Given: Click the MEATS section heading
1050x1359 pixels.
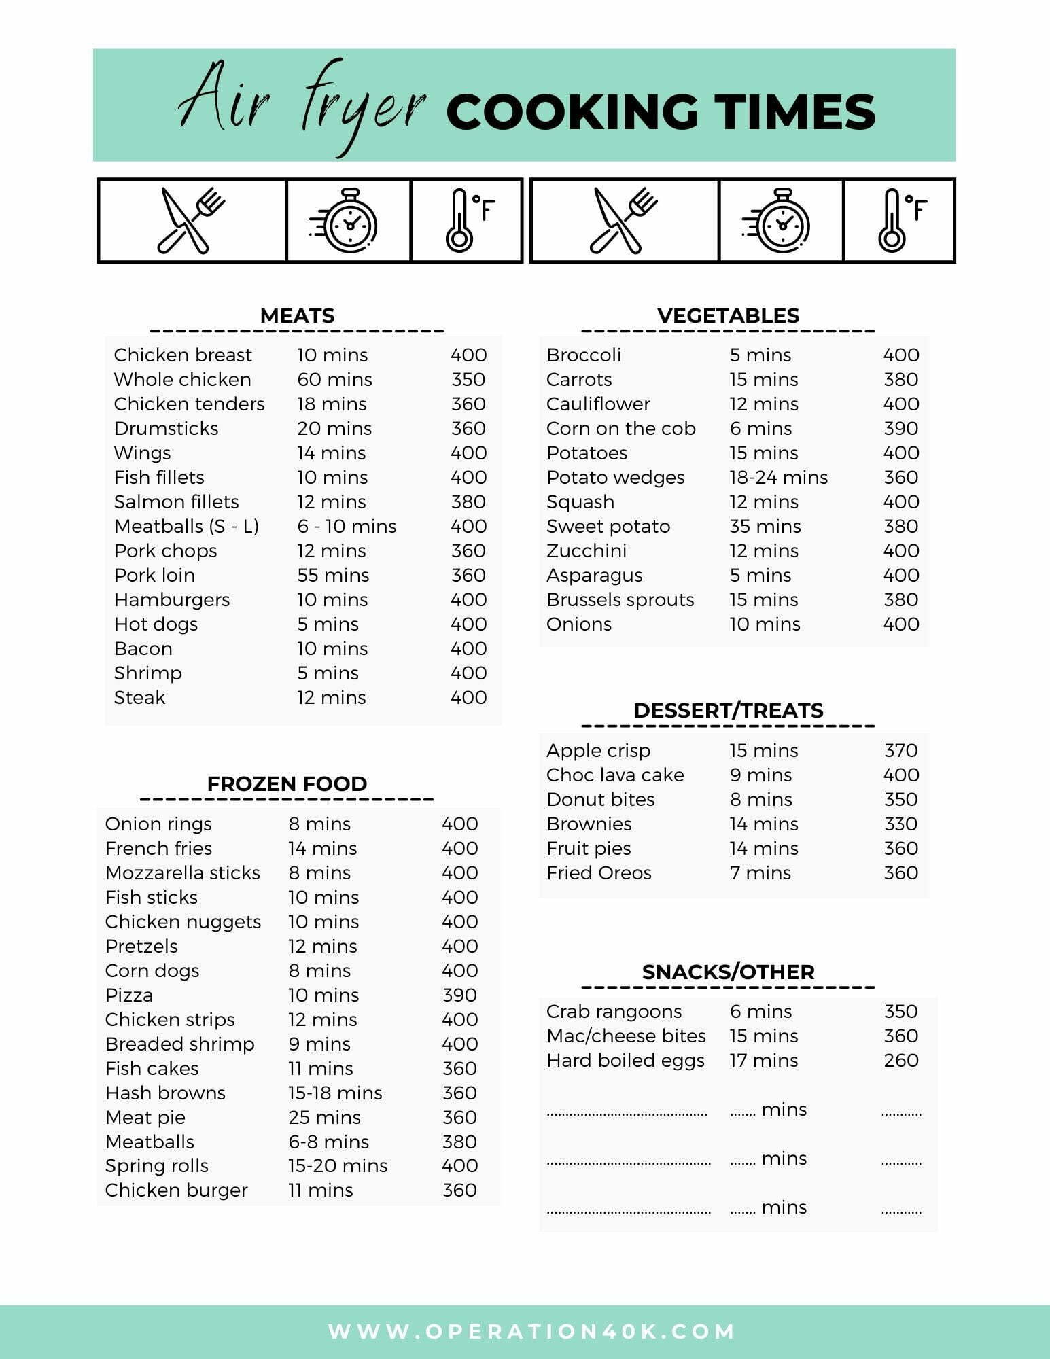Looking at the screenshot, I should (297, 315).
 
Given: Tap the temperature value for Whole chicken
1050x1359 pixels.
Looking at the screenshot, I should (468, 379).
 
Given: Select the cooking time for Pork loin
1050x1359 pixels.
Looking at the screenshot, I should (333, 575).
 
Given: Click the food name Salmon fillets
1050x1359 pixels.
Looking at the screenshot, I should (176, 501).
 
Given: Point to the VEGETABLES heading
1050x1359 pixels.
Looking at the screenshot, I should (728, 315).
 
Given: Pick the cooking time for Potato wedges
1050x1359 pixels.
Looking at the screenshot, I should (778, 477).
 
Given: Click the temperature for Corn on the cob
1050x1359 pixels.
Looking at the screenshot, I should (900, 428).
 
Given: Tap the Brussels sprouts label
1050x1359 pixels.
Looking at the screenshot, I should (620, 599).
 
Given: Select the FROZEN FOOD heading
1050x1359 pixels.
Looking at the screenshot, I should (287, 783).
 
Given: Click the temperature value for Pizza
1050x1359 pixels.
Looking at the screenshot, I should (459, 995).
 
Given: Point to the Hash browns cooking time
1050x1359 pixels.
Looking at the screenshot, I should (335, 1093).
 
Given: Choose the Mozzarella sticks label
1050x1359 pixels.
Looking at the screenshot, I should (182, 872).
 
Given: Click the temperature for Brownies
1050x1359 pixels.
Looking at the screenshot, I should (900, 824).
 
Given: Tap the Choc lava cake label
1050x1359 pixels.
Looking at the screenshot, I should (615, 775).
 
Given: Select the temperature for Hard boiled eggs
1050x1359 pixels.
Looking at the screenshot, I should (900, 1060).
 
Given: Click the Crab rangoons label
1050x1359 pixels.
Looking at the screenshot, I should (614, 1011).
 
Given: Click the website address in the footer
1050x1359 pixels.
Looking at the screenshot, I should (531, 1331).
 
